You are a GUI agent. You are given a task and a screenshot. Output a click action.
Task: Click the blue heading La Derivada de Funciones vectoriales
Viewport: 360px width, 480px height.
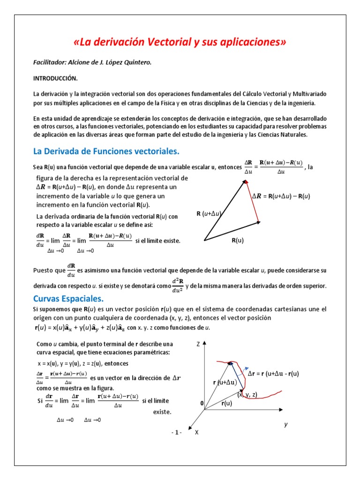click(106, 151)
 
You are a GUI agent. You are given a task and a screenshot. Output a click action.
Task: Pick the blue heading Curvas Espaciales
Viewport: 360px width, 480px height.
click(68, 299)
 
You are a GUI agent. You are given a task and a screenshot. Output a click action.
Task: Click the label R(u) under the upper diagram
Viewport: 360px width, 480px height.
click(238, 240)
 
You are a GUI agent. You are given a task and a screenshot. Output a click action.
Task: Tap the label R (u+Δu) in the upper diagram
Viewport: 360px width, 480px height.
click(209, 214)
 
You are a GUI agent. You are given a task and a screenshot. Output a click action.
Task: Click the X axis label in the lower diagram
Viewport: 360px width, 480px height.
click(196, 432)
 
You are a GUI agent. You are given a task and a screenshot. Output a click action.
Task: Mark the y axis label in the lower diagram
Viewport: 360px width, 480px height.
click(285, 424)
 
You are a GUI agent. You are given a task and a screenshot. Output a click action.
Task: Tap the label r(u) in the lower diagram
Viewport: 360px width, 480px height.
click(227, 403)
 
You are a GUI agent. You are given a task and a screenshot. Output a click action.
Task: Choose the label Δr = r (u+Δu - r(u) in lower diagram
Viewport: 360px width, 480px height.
click(273, 374)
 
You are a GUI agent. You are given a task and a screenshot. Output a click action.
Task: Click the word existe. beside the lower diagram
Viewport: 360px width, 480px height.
click(162, 412)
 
